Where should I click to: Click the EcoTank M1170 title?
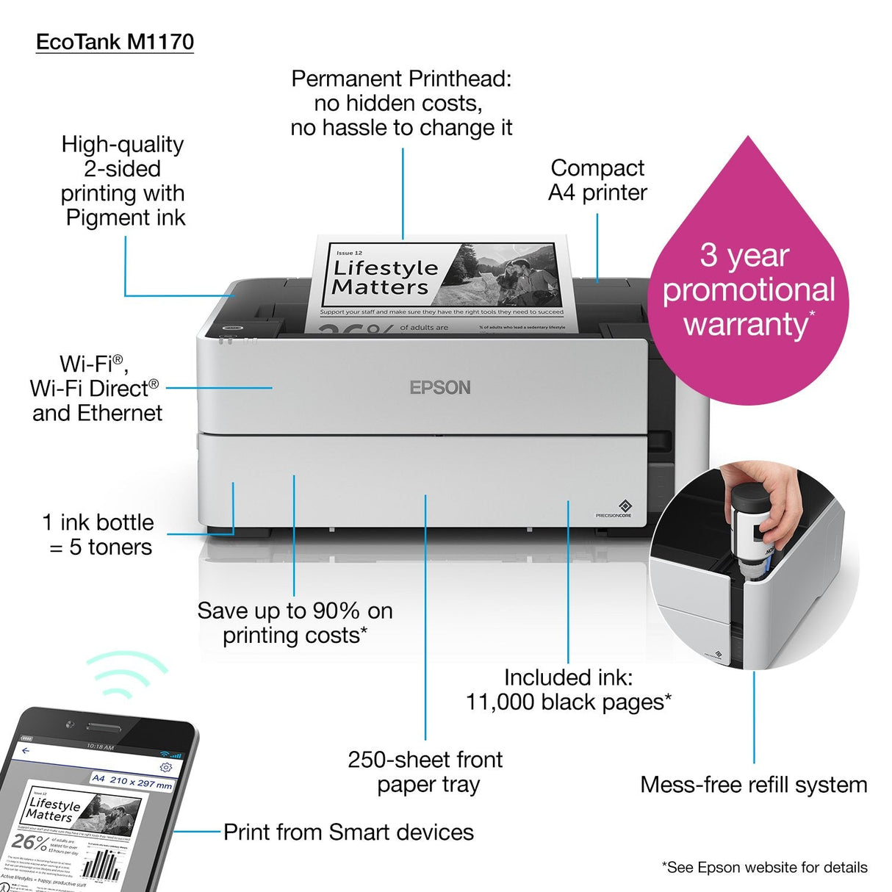coord(115,42)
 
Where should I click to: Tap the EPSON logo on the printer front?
coord(439,387)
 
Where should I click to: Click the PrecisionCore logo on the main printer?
coord(623,508)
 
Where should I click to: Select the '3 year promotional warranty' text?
coord(748,289)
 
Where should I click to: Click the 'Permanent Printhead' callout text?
coord(401,103)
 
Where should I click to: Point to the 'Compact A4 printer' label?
coord(597,180)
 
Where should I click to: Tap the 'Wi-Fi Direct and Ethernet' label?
coord(96,388)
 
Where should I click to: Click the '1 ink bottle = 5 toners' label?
coord(98,535)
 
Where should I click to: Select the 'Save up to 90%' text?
coord(295,622)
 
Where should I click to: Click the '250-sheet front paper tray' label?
coord(426,771)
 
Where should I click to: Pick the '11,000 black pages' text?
coord(568,690)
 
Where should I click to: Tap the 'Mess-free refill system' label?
coord(753,784)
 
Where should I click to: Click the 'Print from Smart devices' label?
coord(348,832)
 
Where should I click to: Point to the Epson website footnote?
coord(764,867)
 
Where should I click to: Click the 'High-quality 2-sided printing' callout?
coord(123,181)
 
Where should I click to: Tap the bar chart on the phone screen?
coord(101,866)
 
